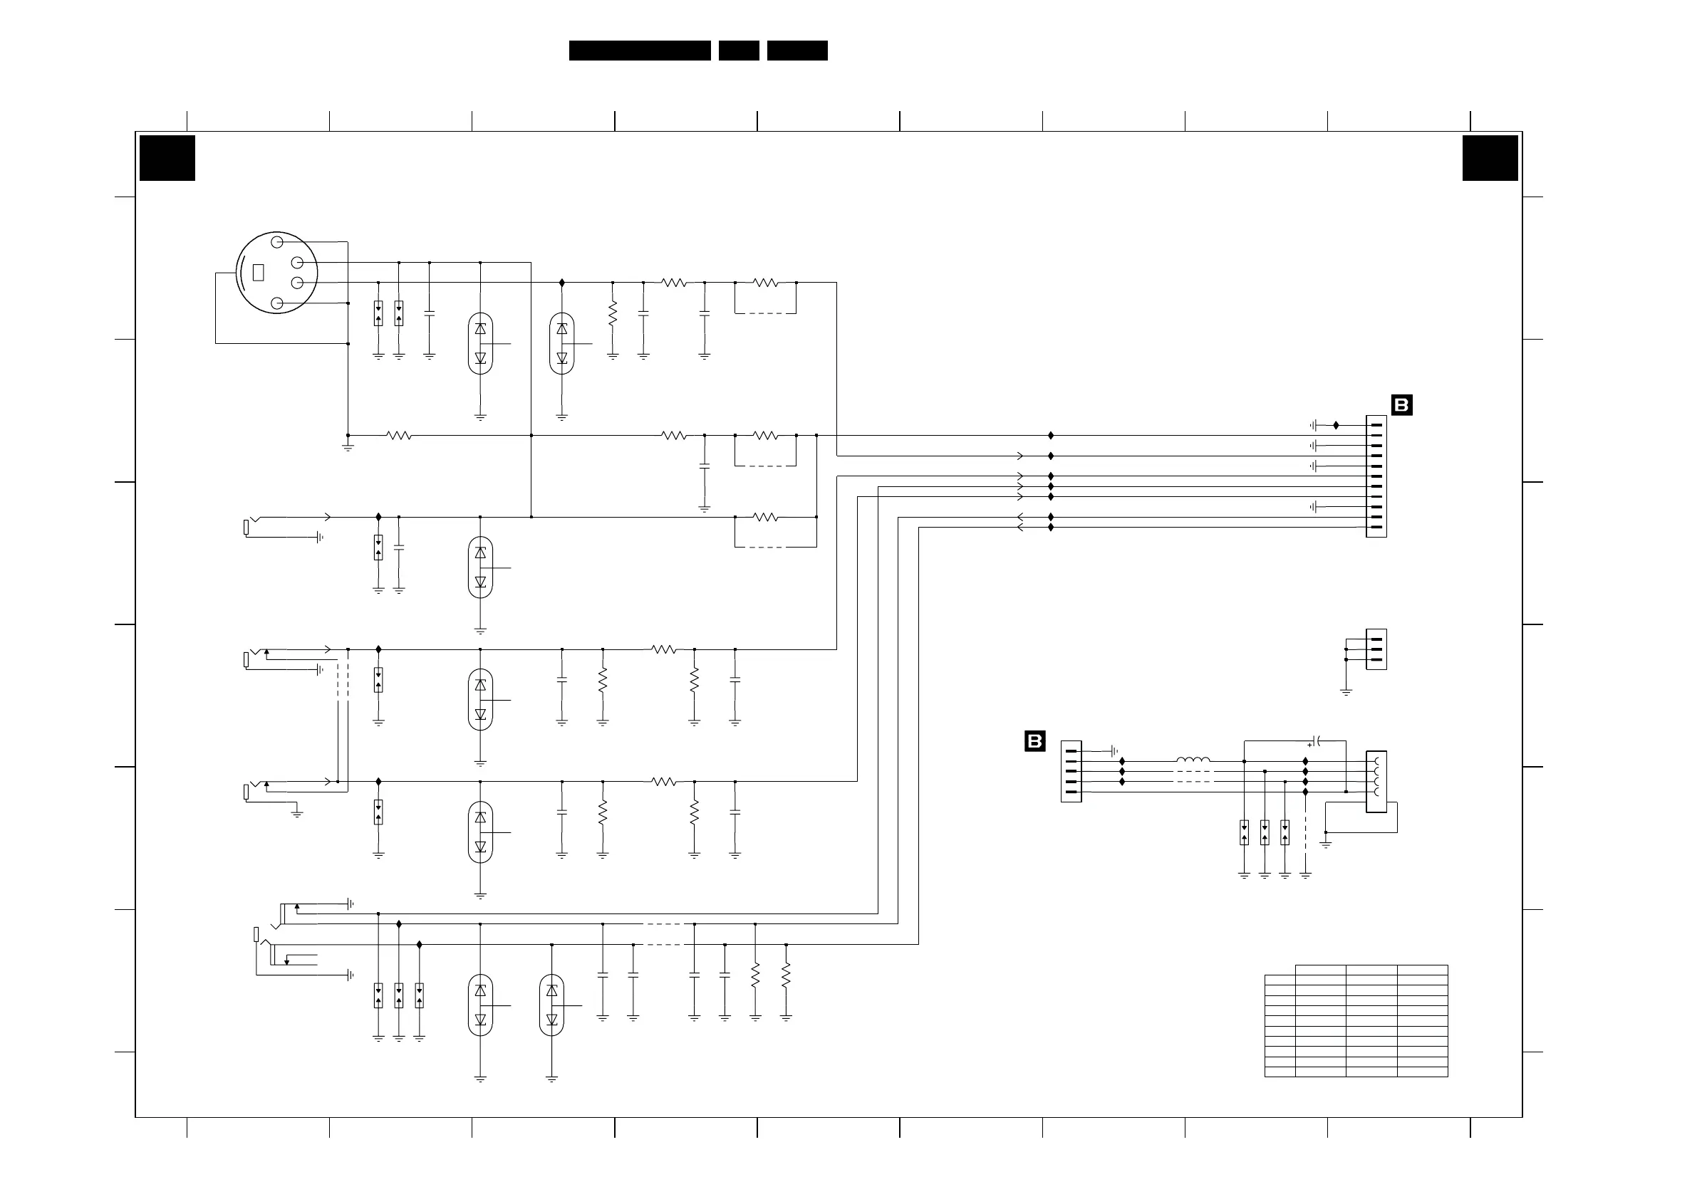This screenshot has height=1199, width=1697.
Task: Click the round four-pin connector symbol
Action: coord(276,273)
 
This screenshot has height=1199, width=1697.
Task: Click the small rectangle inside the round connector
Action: coord(258,273)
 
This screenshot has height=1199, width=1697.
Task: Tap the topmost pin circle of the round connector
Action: coord(277,241)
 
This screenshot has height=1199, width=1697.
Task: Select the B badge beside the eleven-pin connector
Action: coord(1401,405)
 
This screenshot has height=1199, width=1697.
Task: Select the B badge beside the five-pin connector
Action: coord(1034,741)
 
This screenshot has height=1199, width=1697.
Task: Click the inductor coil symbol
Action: coord(1193,760)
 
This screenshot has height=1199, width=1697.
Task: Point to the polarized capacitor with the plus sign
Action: coord(1316,740)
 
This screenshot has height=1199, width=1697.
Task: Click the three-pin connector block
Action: coord(1376,649)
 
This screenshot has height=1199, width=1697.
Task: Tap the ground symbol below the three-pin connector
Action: coord(1346,692)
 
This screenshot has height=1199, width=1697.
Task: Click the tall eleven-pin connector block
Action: coord(1376,476)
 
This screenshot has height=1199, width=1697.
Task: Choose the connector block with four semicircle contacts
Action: coord(1376,782)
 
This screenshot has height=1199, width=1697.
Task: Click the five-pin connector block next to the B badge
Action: coord(1071,771)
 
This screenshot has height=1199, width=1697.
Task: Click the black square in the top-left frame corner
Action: coord(167,158)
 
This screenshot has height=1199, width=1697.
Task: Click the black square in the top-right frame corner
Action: coord(1490,158)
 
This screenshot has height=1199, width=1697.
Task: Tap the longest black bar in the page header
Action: coord(639,51)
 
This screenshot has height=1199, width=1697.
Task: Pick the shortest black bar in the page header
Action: coord(738,51)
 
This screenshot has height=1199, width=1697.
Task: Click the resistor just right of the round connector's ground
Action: coord(398,436)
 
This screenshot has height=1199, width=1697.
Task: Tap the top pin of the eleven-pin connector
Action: coord(1376,426)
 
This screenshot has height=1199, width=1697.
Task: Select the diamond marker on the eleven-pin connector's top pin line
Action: coord(1336,426)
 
